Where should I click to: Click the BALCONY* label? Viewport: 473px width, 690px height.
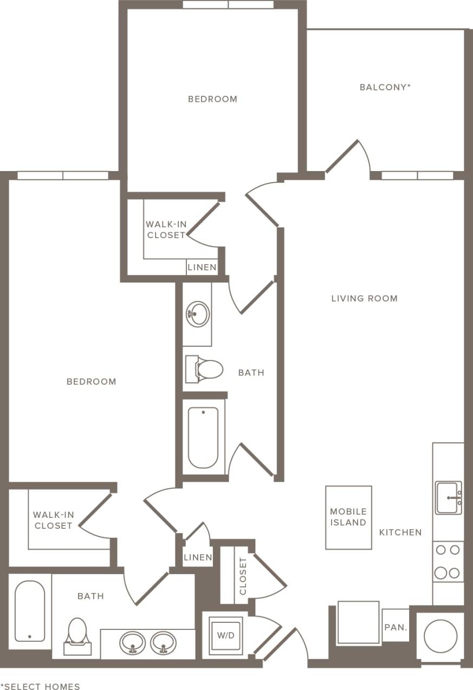coord(385,87)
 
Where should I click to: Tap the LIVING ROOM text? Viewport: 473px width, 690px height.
coord(364,298)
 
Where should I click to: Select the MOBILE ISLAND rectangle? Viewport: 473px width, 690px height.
coord(348,517)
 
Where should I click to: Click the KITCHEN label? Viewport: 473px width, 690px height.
coord(400,533)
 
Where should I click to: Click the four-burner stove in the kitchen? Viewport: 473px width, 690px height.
coord(448,561)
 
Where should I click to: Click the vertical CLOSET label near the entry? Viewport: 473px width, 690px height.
coord(243,576)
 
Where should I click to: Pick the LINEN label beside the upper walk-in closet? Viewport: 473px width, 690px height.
coord(202,267)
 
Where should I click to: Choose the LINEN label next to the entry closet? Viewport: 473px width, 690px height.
coord(198,557)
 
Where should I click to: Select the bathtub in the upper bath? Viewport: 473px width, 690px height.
coord(203,437)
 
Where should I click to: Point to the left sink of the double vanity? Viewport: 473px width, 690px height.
coord(133,643)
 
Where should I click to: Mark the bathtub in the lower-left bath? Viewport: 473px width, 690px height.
coord(29,611)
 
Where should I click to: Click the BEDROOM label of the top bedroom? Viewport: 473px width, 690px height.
coord(212,99)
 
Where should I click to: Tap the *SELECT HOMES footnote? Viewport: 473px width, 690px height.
coord(40,686)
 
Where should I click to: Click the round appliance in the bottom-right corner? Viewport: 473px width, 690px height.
coord(440,636)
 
